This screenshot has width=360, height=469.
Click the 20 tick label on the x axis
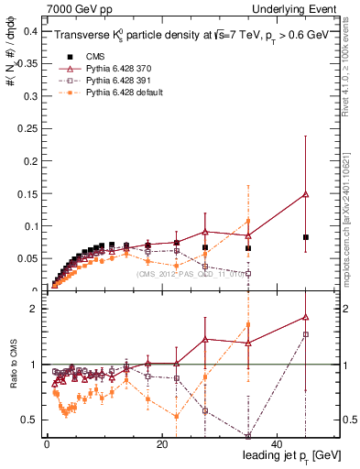(161, 445)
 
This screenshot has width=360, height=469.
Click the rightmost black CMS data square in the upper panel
(306, 237)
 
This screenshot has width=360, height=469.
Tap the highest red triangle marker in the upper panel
(306, 194)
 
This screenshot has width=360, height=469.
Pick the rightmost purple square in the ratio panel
(306, 334)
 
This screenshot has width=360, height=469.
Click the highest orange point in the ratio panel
(248, 324)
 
